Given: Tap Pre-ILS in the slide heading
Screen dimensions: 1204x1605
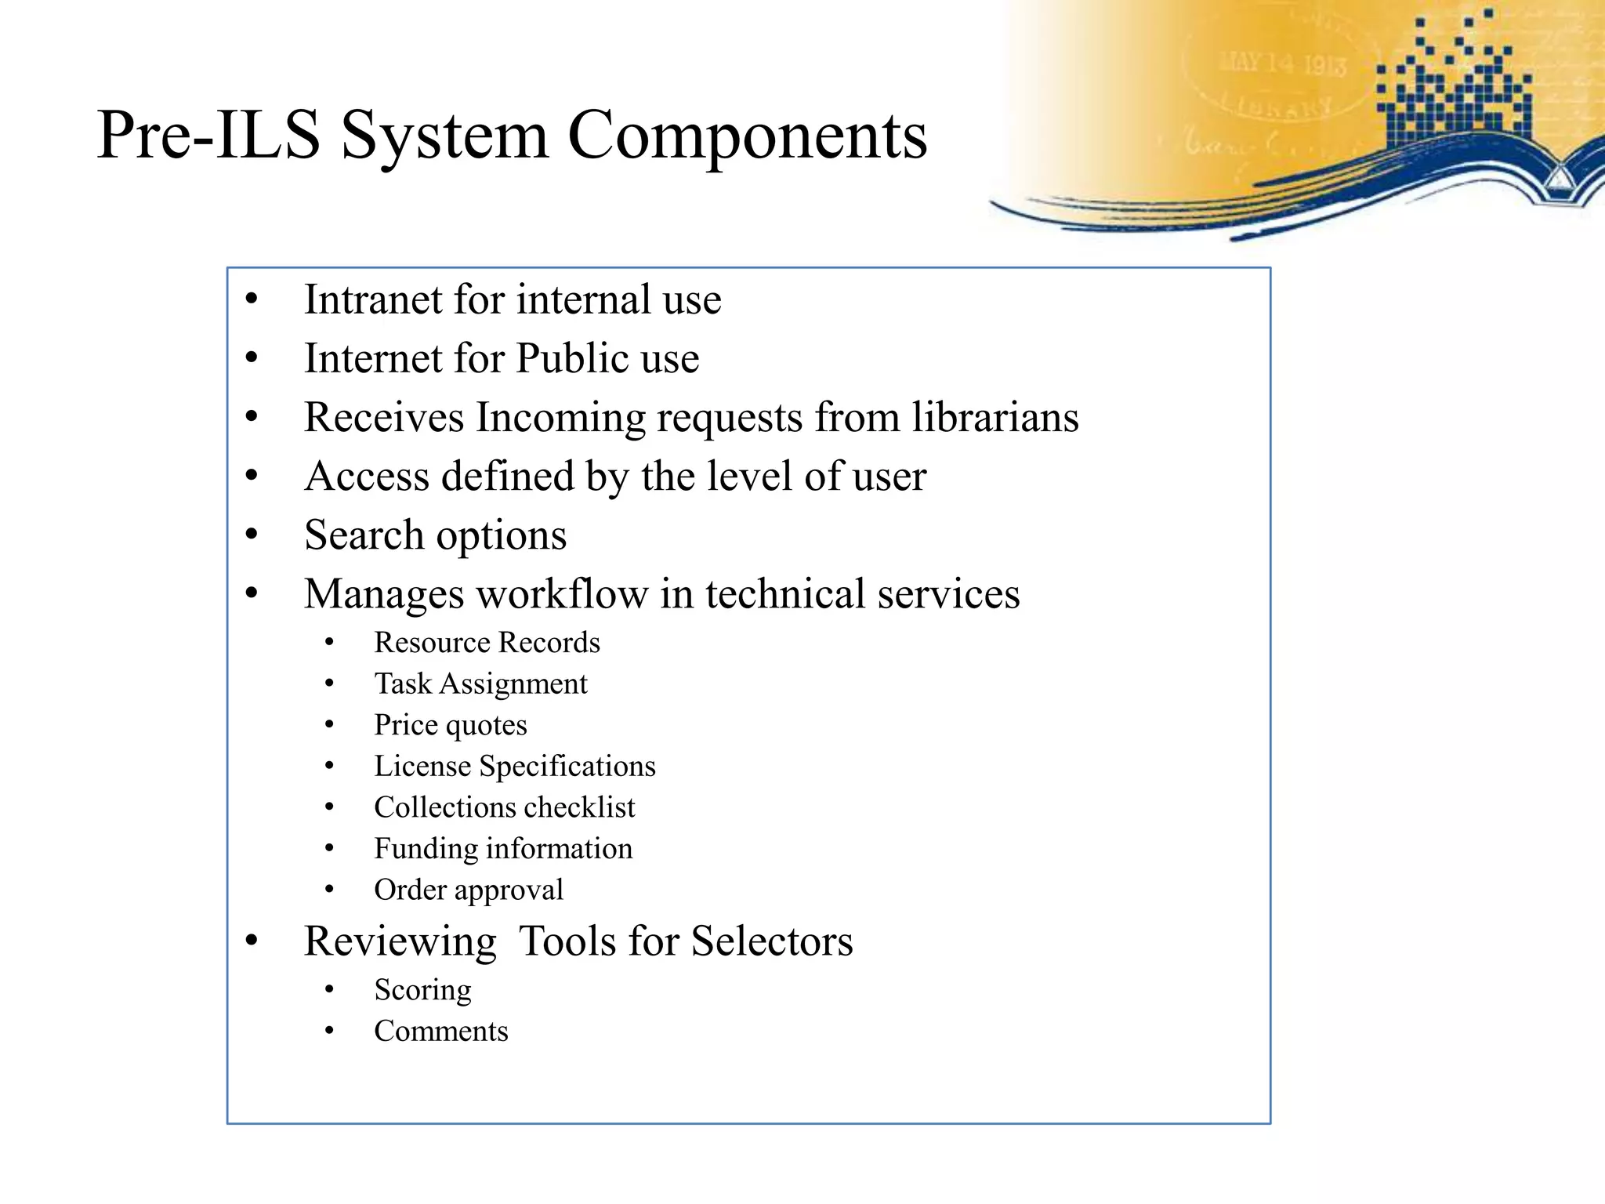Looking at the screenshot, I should (x=208, y=136).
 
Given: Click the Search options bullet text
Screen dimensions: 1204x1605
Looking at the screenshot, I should (x=435, y=535).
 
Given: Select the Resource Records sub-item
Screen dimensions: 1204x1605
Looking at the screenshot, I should (x=487, y=643).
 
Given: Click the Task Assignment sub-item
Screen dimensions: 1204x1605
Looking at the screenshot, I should (x=480, y=684).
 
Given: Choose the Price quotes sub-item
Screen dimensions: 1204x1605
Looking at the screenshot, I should (x=450, y=725).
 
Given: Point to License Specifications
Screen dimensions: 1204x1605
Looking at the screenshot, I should (x=514, y=767).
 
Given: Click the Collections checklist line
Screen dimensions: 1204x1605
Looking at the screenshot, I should (x=504, y=807).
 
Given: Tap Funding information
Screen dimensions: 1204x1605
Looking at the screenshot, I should (x=502, y=849).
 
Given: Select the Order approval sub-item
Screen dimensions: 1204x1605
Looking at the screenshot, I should (x=468, y=890).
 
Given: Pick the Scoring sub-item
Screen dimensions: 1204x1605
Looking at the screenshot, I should (x=422, y=990).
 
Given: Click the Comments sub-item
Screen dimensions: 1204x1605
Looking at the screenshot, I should (x=440, y=1032).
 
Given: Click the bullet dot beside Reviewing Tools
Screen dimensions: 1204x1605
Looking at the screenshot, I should (x=251, y=941).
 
